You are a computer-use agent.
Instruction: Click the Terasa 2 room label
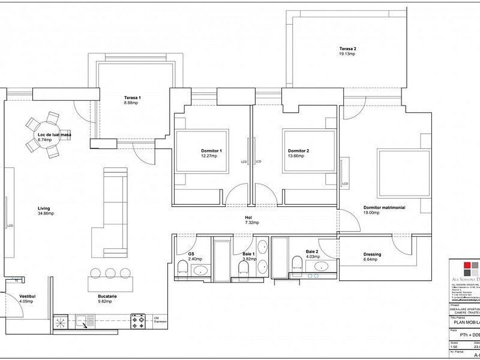pos(347,49)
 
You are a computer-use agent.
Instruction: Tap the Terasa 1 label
pos(132,98)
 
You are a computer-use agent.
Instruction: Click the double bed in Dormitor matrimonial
pos(403,171)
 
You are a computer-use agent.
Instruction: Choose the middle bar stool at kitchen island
pos(110,274)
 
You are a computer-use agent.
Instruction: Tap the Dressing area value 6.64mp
pos(371,260)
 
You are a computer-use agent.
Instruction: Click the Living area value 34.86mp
pos(46,213)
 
